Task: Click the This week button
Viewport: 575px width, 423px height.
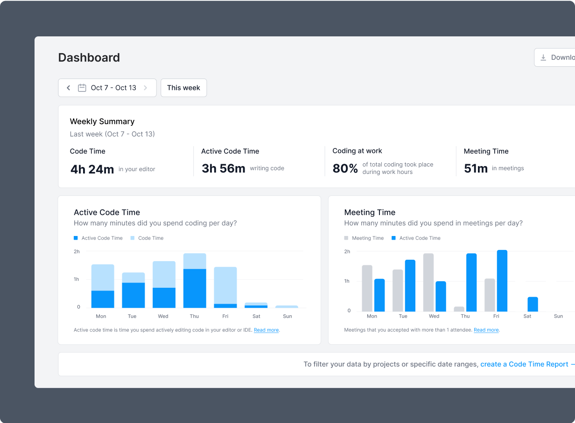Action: click(x=183, y=88)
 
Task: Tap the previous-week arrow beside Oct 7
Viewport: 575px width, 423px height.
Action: click(x=69, y=88)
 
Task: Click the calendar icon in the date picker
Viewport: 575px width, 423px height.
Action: click(x=82, y=88)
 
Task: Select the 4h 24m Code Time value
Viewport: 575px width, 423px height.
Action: click(x=92, y=169)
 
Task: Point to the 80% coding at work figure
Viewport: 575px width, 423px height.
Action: click(x=345, y=168)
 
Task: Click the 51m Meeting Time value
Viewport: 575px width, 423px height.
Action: click(x=476, y=168)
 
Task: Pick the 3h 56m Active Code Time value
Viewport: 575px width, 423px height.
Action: click(x=223, y=168)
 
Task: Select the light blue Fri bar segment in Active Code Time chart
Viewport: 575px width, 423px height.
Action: click(x=225, y=285)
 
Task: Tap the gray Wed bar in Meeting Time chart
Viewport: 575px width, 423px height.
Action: click(x=428, y=282)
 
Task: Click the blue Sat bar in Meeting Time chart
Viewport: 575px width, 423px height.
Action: click(x=533, y=304)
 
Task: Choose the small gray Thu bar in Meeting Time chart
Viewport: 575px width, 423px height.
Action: click(x=459, y=309)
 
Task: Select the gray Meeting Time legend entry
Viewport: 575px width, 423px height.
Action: click(x=364, y=238)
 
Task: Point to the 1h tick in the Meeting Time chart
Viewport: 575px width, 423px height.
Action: click(x=347, y=281)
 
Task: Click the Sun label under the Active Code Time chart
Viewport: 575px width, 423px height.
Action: click(x=287, y=316)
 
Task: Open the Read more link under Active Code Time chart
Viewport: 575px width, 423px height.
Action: click(x=266, y=330)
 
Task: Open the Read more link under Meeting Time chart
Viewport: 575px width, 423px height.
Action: click(x=486, y=330)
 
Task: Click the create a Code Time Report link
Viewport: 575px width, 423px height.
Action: click(x=524, y=364)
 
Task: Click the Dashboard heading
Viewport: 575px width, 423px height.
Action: click(x=89, y=57)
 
